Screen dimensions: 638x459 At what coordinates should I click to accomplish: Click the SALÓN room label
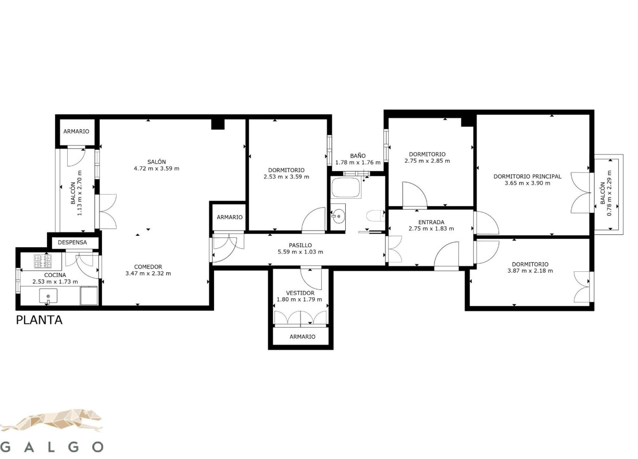pyautogui.click(x=157, y=162)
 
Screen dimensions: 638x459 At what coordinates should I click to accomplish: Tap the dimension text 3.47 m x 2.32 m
pyautogui.click(x=148, y=273)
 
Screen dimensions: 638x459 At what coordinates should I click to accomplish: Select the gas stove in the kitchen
pyautogui.click(x=43, y=261)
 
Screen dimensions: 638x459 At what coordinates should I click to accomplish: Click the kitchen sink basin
pyautogui.click(x=48, y=296)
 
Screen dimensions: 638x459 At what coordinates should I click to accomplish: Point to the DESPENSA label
pyautogui.click(x=72, y=242)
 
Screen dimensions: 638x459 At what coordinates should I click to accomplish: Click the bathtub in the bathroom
pyautogui.click(x=346, y=187)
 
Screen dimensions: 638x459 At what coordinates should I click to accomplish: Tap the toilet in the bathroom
pyautogui.click(x=376, y=215)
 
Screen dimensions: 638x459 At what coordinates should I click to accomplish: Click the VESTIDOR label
pyautogui.click(x=300, y=293)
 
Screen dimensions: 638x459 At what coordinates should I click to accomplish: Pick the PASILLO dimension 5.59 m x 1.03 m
pyautogui.click(x=301, y=251)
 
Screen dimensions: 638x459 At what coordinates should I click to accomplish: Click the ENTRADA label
pyautogui.click(x=431, y=222)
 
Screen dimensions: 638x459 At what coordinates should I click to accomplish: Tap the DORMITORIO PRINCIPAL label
pyautogui.click(x=528, y=176)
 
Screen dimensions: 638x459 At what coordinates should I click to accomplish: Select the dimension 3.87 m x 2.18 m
pyautogui.click(x=530, y=270)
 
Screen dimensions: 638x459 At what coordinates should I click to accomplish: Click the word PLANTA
pyautogui.click(x=39, y=320)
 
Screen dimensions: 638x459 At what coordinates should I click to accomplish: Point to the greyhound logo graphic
pyautogui.click(x=51, y=420)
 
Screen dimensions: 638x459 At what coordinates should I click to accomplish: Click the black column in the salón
pyautogui.click(x=218, y=124)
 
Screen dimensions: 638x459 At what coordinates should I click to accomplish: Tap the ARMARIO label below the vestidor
pyautogui.click(x=303, y=336)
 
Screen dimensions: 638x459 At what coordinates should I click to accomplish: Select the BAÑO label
pyautogui.click(x=358, y=156)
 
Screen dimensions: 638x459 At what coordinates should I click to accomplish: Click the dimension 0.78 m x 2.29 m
pyautogui.click(x=606, y=193)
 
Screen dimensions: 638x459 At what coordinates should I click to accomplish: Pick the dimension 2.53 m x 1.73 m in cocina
pyautogui.click(x=55, y=282)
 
